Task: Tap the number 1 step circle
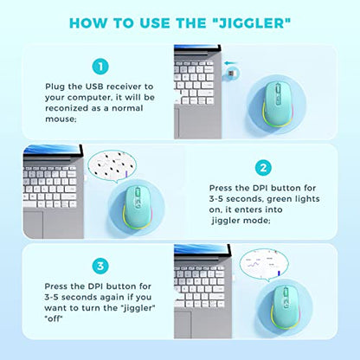pos(100,67)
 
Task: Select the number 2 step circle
pos(263,168)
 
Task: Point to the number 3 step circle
pos(100,266)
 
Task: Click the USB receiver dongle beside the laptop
pos(232,73)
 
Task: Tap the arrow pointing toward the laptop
pos(231,62)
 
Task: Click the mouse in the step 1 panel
pos(277,105)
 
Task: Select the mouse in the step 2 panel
pos(138,207)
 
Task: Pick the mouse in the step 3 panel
pos(285,307)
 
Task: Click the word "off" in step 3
pos(54,318)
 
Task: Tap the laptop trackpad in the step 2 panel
pos(33,224)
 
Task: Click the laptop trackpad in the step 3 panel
pos(183,325)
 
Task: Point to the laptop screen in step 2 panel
pos(52,150)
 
